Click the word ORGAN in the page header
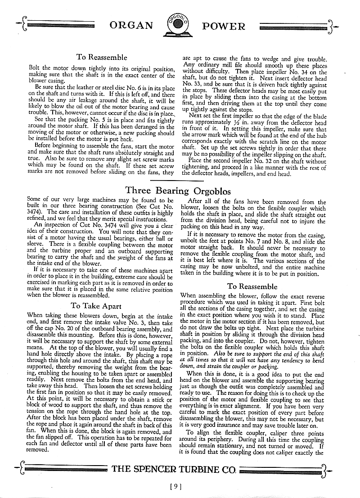point(131,26)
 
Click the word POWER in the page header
point(224,26)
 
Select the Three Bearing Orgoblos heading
point(178,190)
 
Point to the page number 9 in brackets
point(176,486)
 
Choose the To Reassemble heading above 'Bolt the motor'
point(102,58)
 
